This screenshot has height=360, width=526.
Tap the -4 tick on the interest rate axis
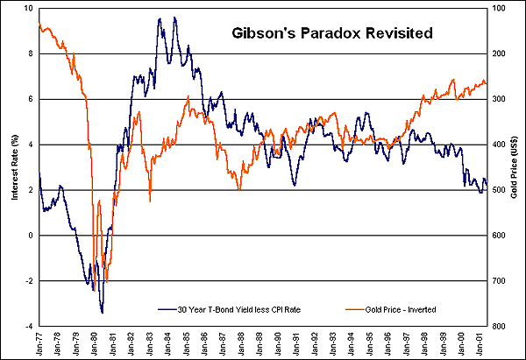click(31, 326)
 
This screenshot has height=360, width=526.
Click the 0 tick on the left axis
click(32, 236)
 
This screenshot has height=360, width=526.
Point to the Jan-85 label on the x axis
click(186, 342)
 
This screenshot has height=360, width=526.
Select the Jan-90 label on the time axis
click(278, 342)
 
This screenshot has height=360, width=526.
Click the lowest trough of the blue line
click(103, 312)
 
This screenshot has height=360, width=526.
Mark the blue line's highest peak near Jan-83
click(160, 18)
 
